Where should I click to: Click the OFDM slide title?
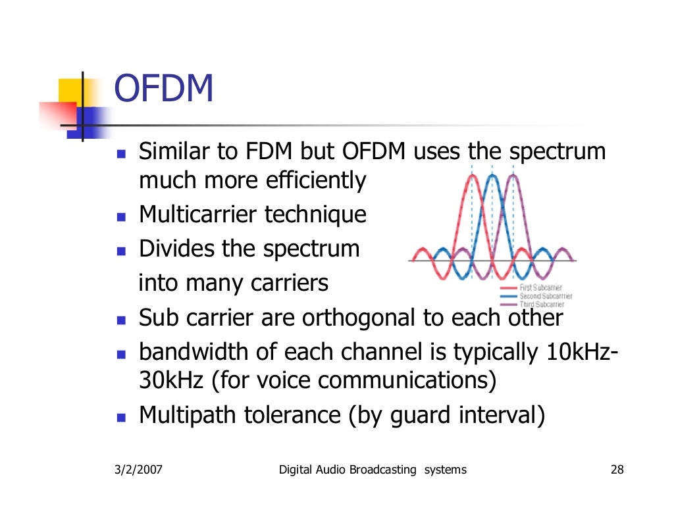pyautogui.click(x=164, y=89)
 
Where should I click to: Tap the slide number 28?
pyautogui.click(x=617, y=470)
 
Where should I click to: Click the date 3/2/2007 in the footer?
pyautogui.click(x=136, y=470)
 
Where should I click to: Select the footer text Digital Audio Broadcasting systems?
pyautogui.click(x=373, y=470)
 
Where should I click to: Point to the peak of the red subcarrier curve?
pyautogui.click(x=472, y=176)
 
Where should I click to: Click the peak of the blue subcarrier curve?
pyautogui.click(x=492, y=176)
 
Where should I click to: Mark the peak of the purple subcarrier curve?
pyautogui.click(x=513, y=176)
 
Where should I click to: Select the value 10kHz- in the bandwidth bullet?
pyautogui.click(x=582, y=353)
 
